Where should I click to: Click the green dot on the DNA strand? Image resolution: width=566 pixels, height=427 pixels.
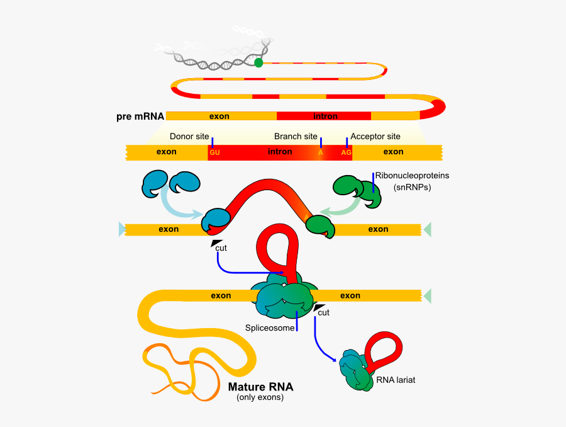(258, 62)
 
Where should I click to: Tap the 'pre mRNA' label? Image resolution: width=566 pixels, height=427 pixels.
(140, 116)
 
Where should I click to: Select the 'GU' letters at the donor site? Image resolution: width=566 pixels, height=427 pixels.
(214, 152)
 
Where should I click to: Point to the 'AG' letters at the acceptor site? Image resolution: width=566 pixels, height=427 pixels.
(346, 152)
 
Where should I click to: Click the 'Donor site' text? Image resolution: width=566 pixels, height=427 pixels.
(189, 136)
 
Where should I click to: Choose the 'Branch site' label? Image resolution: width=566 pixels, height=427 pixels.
(296, 136)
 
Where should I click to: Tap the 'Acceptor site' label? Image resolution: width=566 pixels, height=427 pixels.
(375, 136)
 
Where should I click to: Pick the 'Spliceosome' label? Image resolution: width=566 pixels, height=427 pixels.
(270, 327)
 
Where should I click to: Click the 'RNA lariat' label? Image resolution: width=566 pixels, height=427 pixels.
(396, 380)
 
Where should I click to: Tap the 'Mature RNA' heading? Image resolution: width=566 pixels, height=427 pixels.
(260, 387)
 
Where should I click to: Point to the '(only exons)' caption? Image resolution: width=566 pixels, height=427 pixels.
(260, 397)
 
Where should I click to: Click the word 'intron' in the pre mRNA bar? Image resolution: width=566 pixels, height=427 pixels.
(325, 116)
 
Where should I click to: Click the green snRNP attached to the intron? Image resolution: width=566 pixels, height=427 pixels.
(319, 225)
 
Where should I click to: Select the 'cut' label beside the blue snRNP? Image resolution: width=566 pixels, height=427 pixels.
(221, 248)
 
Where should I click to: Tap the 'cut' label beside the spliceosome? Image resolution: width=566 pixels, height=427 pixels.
(323, 312)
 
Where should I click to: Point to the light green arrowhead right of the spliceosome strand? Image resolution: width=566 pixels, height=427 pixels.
(428, 295)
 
